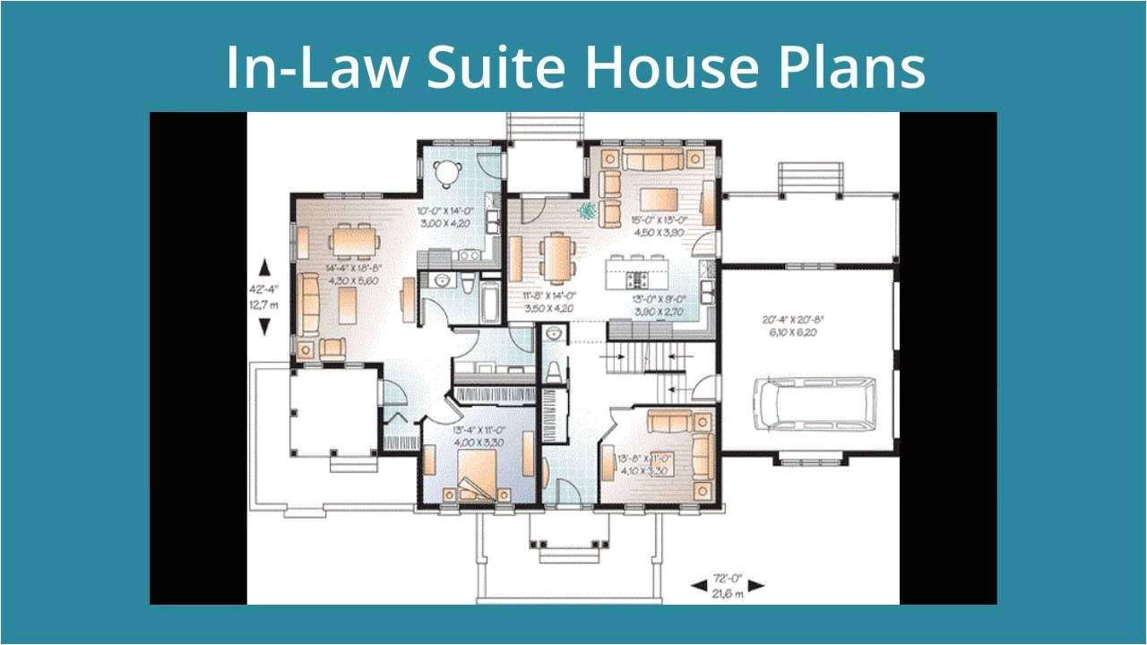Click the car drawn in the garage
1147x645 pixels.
pos(813,400)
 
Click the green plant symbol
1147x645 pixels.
pos(587,211)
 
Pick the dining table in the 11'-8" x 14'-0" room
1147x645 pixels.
pos(557,258)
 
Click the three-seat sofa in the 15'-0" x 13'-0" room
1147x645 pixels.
pos(652,160)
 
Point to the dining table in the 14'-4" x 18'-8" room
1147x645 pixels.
pos(353,240)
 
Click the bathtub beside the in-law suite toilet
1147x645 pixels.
pos(490,303)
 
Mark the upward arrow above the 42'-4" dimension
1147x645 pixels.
pos(264,267)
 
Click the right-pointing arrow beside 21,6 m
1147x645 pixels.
pos(757,586)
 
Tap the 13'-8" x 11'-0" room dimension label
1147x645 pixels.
pos(645,463)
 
